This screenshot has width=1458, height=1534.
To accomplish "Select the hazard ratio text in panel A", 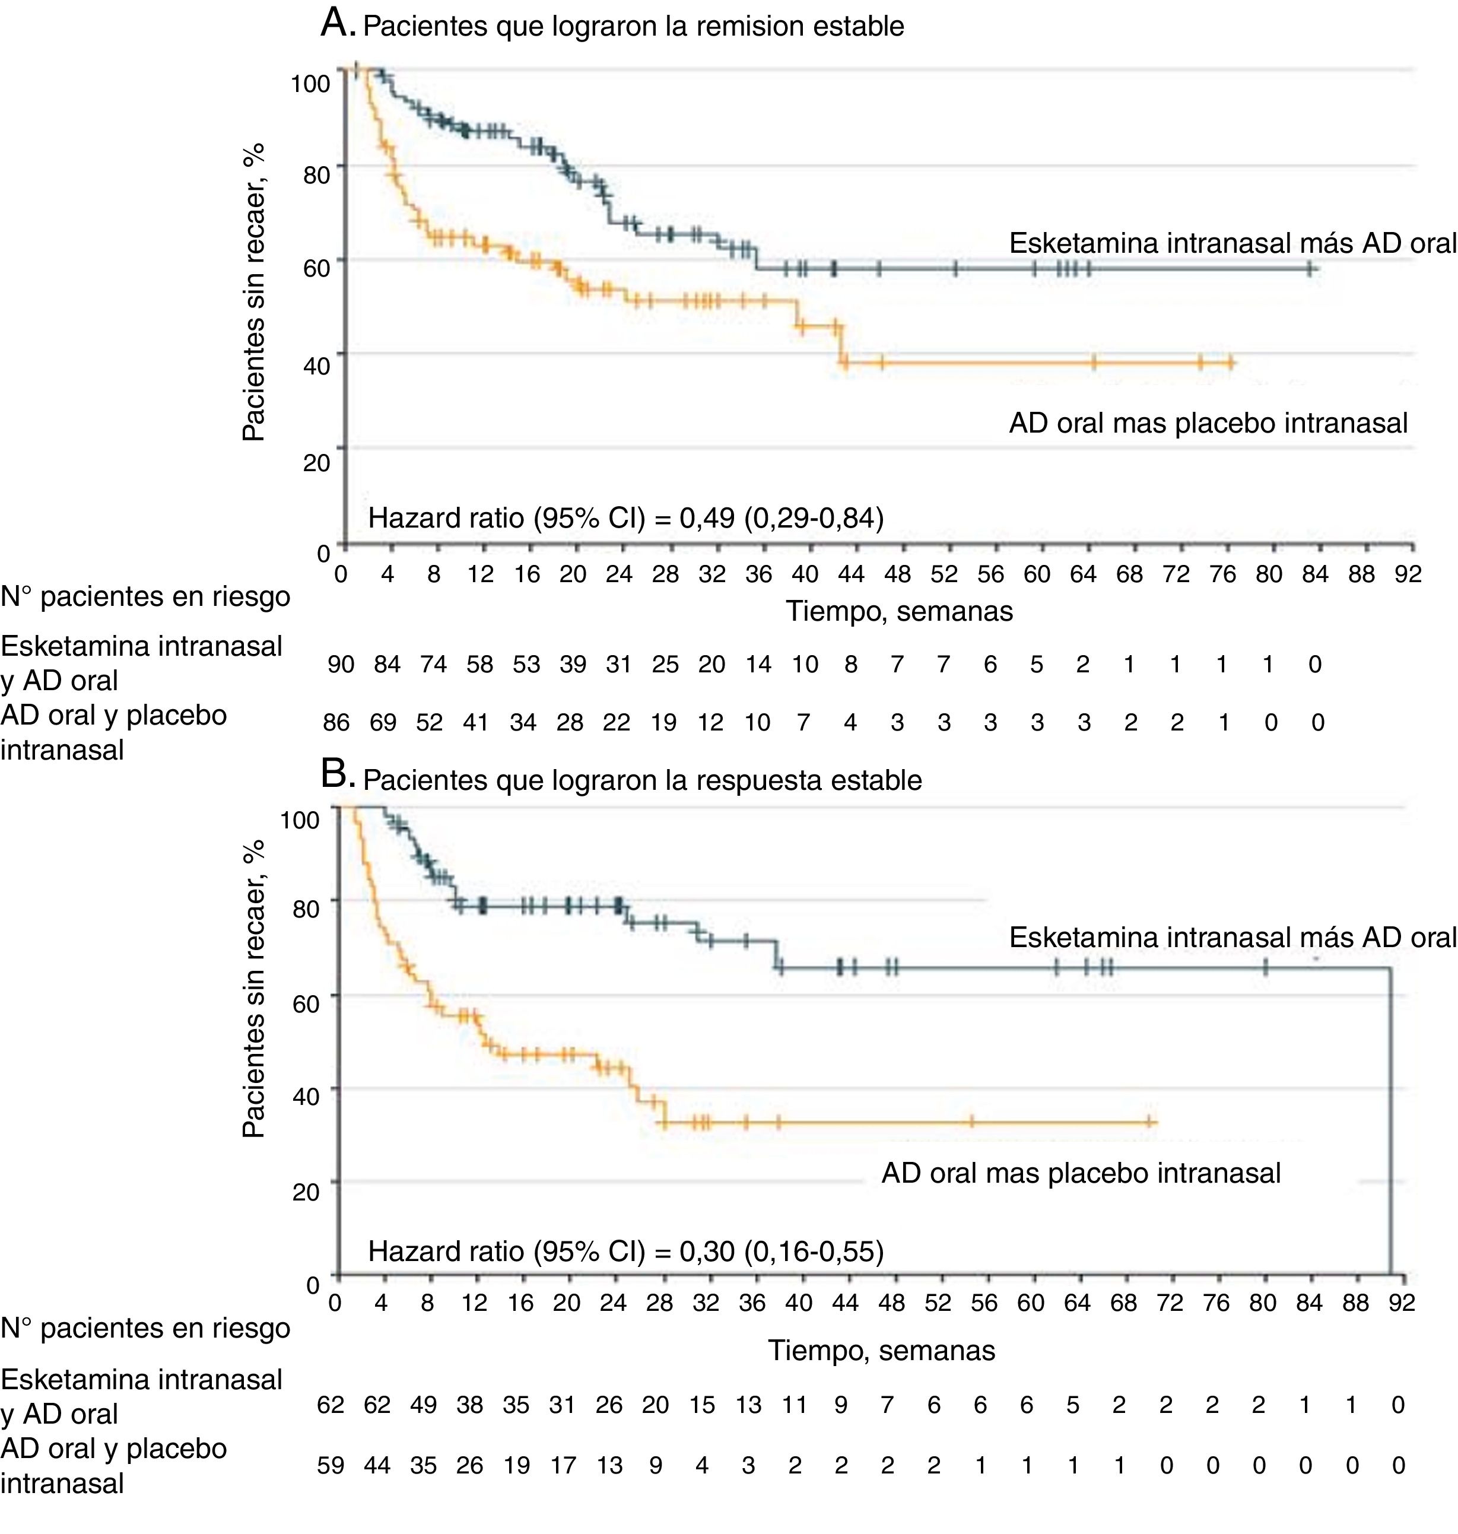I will pyautogui.click(x=625, y=517).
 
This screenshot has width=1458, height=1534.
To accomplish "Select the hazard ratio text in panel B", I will pyautogui.click(x=625, y=1250).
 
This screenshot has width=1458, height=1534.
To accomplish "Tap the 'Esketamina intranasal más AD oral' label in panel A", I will pyautogui.click(x=1232, y=243).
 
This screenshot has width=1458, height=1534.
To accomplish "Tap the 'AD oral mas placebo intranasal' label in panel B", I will pyautogui.click(x=1080, y=1173).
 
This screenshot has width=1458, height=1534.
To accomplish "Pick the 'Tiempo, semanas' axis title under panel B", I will pyautogui.click(x=881, y=1351).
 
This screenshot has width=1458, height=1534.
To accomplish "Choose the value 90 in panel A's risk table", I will pyautogui.click(x=341, y=665).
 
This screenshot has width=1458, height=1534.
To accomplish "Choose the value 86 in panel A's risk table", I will pyautogui.click(x=336, y=723).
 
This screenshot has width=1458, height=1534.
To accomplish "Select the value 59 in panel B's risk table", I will pyautogui.click(x=331, y=1466).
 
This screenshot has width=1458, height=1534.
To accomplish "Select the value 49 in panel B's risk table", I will pyautogui.click(x=424, y=1405).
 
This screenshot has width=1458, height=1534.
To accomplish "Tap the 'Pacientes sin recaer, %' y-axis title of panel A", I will pyautogui.click(x=253, y=291).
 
